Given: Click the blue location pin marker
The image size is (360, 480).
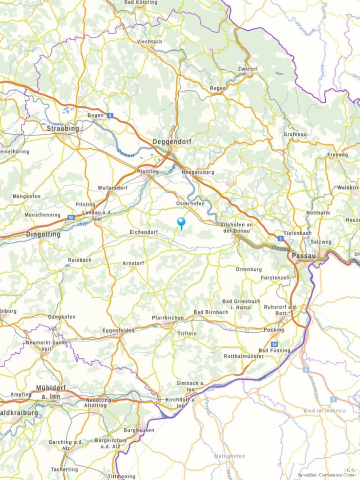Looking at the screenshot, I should click(181, 222).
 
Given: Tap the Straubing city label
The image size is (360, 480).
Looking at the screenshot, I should click(63, 128).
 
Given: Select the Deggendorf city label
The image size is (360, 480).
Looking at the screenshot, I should click(172, 141).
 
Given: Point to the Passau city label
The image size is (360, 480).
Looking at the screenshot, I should click(304, 256).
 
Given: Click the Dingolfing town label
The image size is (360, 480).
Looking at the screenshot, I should click(44, 234).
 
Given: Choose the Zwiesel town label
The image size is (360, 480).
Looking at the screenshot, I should click(248, 69).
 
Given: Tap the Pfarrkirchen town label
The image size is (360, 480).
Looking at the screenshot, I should click(168, 318).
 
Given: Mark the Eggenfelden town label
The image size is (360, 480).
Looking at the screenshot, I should click(118, 331).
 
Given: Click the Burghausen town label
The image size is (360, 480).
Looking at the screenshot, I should click(139, 430).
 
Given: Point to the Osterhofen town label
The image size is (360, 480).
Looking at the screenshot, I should click(191, 203).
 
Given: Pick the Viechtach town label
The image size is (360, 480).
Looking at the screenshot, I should click(149, 41).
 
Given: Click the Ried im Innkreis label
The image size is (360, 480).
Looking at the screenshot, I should click(324, 411).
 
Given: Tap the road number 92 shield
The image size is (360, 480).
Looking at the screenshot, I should click(71, 217).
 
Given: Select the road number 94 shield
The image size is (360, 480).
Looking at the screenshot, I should click(275, 344).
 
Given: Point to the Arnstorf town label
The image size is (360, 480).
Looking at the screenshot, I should click(133, 264).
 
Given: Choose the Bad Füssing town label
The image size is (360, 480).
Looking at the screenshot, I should click(274, 351).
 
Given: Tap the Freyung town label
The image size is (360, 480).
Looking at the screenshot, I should click(338, 155).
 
